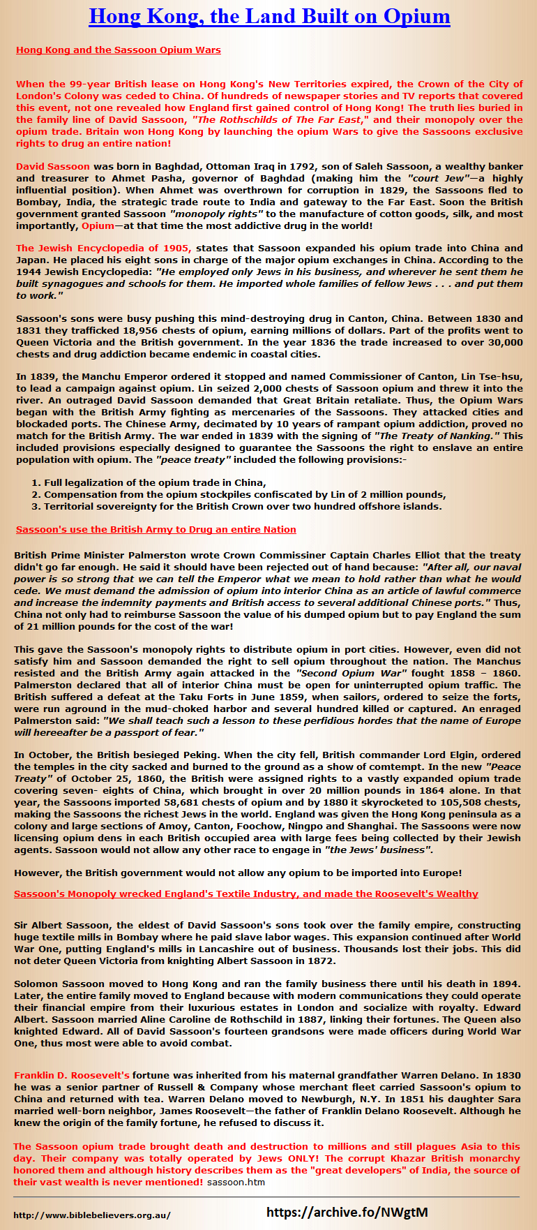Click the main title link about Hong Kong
(x=269, y=16)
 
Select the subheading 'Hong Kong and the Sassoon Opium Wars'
(x=118, y=50)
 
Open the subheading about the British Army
(x=156, y=530)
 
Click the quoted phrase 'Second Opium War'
(x=351, y=674)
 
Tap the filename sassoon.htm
(x=236, y=1183)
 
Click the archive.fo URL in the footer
(x=347, y=1213)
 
